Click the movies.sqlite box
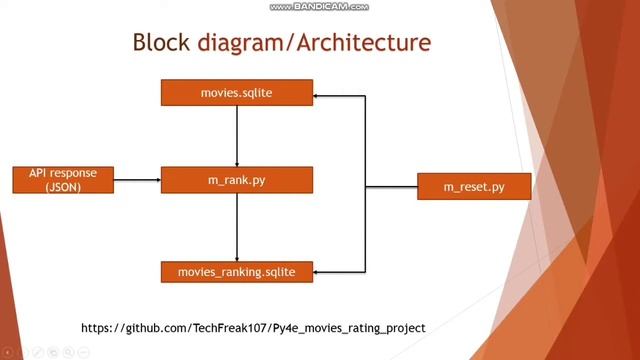click(237, 93)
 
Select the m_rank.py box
click(237, 180)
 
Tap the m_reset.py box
click(473, 187)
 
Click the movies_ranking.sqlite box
click(237, 271)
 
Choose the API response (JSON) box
click(63, 180)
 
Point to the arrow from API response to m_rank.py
click(136, 180)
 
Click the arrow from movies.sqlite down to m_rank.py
click(237, 135)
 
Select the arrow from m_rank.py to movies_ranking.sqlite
click(237, 225)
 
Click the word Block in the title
click(163, 43)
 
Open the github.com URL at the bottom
click(253, 327)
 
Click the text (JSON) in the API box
click(63, 187)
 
